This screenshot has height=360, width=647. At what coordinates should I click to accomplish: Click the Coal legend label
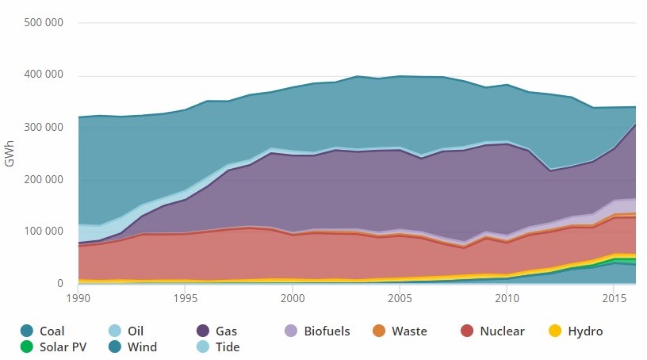coord(53,331)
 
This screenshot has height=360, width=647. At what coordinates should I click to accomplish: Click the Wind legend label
coord(143,347)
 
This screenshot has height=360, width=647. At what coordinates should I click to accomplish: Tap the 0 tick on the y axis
coord(59,284)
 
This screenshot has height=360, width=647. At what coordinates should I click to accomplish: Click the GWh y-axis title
coord(10,153)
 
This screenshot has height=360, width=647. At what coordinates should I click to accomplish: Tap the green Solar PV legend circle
coord(28,347)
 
